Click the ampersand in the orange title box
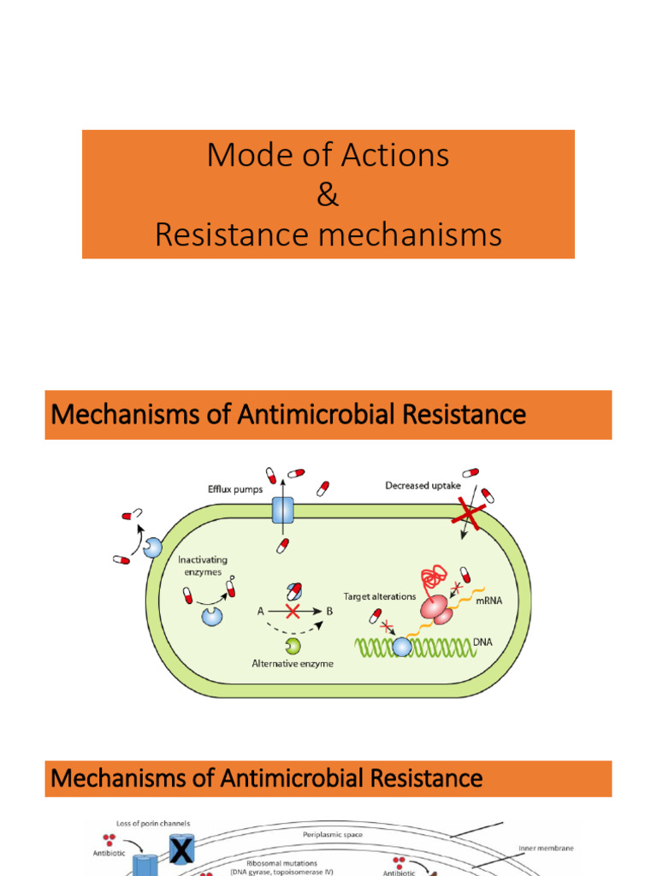coord(328,195)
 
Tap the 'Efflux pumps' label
coord(237,489)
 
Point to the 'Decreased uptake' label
coord(422,486)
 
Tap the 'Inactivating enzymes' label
coord(203,565)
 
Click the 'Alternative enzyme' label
coord(292,664)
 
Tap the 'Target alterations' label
coord(379,596)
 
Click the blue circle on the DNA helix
coord(401,647)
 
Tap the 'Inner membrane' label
coord(545,849)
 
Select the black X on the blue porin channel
coord(181,850)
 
